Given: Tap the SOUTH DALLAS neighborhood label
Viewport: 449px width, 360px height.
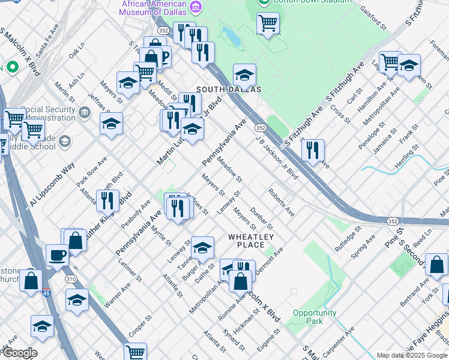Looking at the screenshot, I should pos(229,89).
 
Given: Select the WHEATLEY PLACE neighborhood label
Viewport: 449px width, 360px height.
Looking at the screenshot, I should pos(247,241).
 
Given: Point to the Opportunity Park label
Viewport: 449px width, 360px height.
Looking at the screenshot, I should pos(315,317).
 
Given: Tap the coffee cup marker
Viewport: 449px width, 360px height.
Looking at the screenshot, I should pos(57,255).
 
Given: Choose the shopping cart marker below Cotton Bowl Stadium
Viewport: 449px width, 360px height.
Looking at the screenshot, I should pos(268,24).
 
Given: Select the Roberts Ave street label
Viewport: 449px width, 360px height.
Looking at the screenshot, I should pos(281,202).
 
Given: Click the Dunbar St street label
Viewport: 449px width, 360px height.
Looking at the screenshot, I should pos(262,218).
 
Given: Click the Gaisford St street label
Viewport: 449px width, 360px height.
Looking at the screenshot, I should pos(373,17).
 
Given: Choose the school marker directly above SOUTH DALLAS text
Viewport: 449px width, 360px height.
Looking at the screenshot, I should pos(244,75).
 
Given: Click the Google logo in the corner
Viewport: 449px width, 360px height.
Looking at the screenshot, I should pos(19,353).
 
